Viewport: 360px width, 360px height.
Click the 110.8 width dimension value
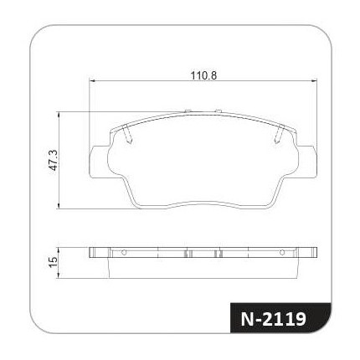coord(203,75)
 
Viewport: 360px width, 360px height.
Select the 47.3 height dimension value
coord(53,160)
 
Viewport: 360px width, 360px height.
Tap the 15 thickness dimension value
coord(53,262)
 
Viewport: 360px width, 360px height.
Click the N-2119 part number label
coord(273,319)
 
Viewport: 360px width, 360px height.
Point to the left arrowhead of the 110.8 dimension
coord(92,81)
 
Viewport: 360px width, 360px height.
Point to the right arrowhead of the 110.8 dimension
coord(314,81)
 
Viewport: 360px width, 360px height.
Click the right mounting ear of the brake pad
coord(307,162)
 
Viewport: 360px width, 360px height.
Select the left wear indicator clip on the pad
coord(127,134)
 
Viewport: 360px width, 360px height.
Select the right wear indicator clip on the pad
coord(279,134)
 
